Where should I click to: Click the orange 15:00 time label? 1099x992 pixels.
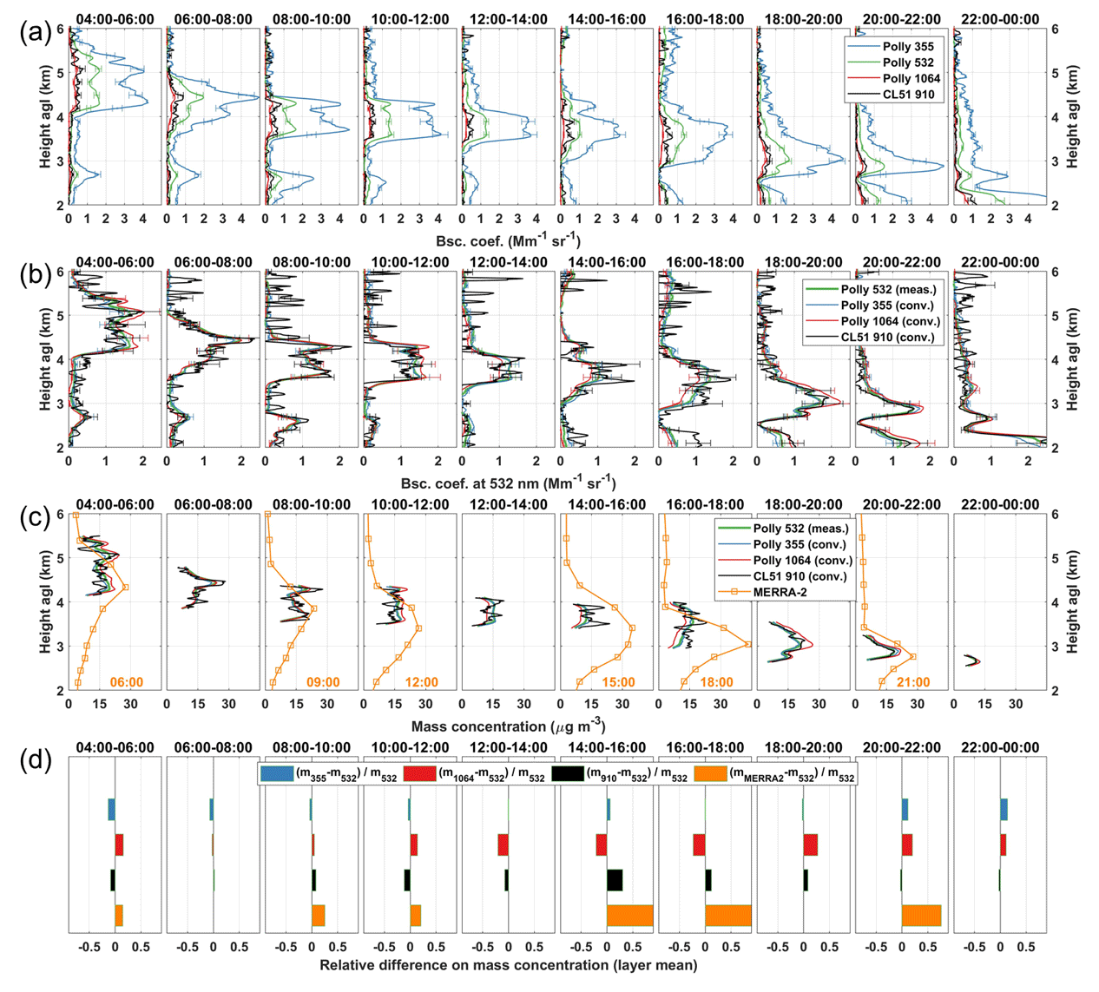[x=617, y=682]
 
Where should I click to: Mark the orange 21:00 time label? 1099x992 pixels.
[x=912, y=682]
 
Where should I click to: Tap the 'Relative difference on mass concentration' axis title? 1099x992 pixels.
[x=508, y=965]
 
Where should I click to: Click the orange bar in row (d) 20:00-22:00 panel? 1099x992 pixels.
[x=921, y=916]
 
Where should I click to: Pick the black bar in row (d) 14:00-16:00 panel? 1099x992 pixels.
[x=615, y=880]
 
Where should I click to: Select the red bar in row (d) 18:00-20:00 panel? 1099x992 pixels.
[x=810, y=845]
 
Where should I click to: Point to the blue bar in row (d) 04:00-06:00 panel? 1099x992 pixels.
[x=111, y=809]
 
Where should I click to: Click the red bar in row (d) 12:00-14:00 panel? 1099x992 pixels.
[x=503, y=845]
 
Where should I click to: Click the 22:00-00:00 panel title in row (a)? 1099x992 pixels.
[x=996, y=19]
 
